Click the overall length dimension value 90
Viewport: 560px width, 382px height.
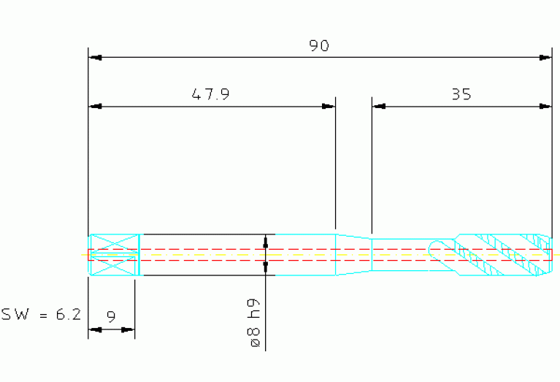point(319,45)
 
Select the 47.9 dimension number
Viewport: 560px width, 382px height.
point(210,94)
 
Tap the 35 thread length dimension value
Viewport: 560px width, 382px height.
point(461,94)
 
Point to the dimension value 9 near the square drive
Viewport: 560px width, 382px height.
point(112,316)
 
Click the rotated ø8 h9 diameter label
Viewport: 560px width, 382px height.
point(254,323)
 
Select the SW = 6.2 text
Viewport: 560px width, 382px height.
point(42,314)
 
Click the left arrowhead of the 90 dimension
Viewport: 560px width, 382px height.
point(96,57)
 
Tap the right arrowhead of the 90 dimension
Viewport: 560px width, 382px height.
point(545,57)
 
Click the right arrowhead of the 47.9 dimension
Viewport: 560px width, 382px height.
point(329,106)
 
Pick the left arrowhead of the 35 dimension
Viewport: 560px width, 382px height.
point(379,106)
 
